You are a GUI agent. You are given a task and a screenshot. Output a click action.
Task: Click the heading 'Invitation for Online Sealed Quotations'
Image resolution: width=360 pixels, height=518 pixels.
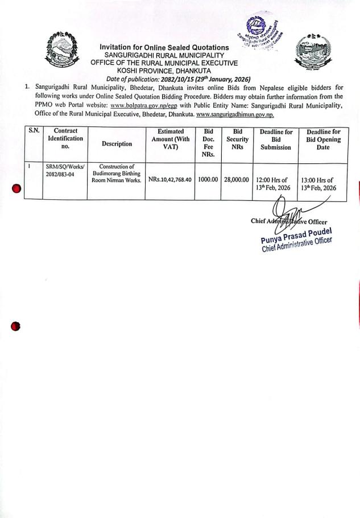pyautogui.click(x=164, y=47)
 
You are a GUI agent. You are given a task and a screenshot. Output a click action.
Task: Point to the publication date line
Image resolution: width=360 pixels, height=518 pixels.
pyautogui.click(x=179, y=79)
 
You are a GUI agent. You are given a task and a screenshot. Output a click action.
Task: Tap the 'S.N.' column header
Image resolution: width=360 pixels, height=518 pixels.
pyautogui.click(x=35, y=131)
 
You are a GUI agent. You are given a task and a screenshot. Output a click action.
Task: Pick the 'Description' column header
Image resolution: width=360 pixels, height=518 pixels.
pyautogui.click(x=117, y=144)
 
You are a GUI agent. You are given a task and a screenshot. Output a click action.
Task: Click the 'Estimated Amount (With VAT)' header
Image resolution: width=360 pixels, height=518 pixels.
pyautogui.click(x=170, y=139)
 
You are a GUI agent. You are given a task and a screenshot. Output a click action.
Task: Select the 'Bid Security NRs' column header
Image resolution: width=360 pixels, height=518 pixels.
pyautogui.click(x=237, y=139)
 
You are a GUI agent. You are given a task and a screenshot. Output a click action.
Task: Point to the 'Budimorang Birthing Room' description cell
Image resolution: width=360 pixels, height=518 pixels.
pyautogui.click(x=116, y=174)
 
